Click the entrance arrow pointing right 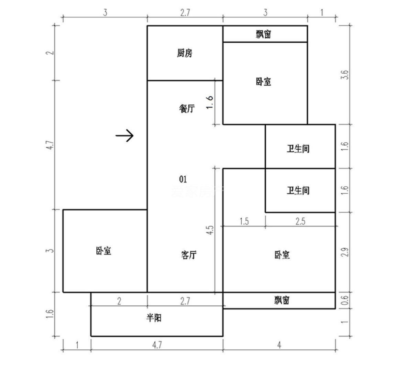(x=124, y=136)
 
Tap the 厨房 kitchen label (x=185, y=53)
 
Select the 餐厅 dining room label (x=187, y=109)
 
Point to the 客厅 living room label (x=189, y=255)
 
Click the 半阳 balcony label (x=154, y=318)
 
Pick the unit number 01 (x=183, y=179)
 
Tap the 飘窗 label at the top (x=264, y=34)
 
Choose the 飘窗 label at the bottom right (x=282, y=301)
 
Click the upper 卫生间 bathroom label (x=298, y=149)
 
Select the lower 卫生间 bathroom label (x=298, y=190)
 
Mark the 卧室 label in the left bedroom (x=103, y=251)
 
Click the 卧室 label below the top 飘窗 (x=264, y=81)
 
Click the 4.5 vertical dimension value (x=210, y=230)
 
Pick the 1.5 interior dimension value (x=244, y=221)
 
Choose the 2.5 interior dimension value (x=300, y=221)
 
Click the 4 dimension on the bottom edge (x=279, y=345)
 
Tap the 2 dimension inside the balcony (x=119, y=301)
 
